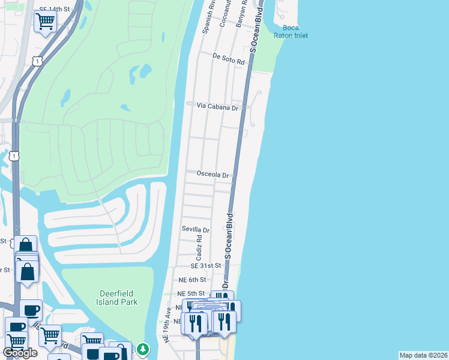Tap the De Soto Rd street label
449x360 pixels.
click(x=229, y=59)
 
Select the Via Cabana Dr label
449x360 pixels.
click(x=217, y=106)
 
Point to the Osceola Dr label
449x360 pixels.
click(x=213, y=175)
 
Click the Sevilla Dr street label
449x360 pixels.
click(x=196, y=230)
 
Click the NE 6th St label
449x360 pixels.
click(x=192, y=280)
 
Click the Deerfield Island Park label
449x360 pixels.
click(x=118, y=297)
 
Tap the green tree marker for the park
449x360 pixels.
click(x=142, y=349)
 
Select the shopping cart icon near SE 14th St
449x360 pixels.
click(x=45, y=22)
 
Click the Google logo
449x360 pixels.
click(x=20, y=353)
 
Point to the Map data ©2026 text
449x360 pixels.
click(x=423, y=355)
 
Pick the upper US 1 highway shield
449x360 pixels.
click(x=37, y=61)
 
